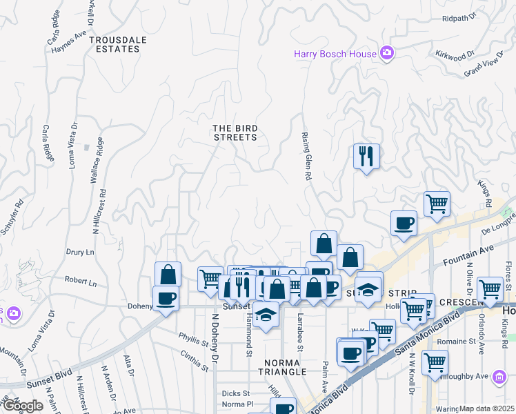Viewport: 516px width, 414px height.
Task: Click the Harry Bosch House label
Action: [x=335, y=54]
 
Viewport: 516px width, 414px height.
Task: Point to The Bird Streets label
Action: [x=235, y=132]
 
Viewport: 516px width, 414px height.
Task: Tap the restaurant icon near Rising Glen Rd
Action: [x=366, y=156]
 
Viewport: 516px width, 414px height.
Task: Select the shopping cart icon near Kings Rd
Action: [x=436, y=204]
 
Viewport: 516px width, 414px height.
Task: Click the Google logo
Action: [x=22, y=405]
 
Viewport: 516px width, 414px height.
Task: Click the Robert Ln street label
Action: [x=81, y=283]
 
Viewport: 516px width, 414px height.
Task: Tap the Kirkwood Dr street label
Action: [x=456, y=54]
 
